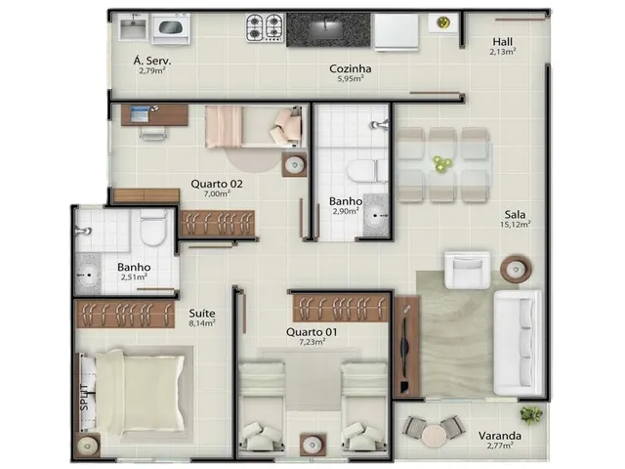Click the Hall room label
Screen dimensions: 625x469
point(502,41)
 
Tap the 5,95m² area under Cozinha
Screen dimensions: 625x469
point(351,78)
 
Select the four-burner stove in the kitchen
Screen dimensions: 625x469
point(265,27)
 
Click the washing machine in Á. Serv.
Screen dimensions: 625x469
point(171,28)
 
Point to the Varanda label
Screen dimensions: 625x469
point(500,436)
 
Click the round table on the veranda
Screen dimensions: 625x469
point(434,436)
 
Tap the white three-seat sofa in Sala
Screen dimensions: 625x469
point(518,343)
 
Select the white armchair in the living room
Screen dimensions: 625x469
point(467,270)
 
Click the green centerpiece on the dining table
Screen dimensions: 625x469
point(441,163)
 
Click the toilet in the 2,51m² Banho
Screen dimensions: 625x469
point(153,228)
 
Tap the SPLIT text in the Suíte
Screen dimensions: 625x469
point(84,398)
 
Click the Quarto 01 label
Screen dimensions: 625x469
point(312,332)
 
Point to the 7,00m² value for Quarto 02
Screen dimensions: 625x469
point(217,193)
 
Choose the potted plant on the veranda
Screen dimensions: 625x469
point(531,414)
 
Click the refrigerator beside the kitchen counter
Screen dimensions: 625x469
point(396,32)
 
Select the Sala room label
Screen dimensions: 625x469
point(515,214)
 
